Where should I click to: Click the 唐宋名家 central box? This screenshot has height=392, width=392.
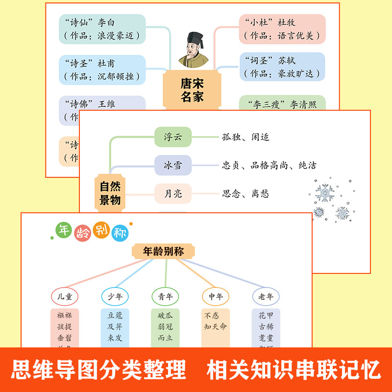point(192,90)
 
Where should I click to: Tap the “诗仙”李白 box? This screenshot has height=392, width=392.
point(101,29)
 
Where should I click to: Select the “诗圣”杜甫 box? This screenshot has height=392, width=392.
point(101,70)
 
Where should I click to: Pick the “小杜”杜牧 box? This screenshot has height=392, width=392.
point(283,29)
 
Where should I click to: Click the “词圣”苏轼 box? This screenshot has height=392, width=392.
point(283,67)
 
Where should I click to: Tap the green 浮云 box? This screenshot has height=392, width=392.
point(172,137)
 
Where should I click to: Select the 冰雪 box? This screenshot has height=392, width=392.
point(172,165)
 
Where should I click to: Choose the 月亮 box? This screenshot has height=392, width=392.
point(172,194)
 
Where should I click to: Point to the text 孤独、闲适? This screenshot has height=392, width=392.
point(245,137)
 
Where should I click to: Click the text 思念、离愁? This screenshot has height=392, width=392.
point(245,194)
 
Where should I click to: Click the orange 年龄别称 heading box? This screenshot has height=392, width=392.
point(164,251)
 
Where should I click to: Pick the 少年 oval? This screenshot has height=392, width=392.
point(115,296)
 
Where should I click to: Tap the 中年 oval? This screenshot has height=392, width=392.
point(216,296)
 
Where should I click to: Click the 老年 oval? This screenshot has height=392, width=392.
point(266,296)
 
